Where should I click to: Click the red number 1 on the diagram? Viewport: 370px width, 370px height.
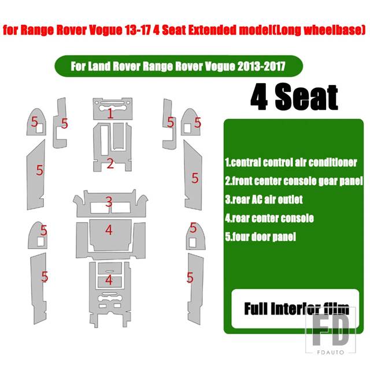click(110, 113)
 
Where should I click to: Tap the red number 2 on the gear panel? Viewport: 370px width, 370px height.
click(110, 163)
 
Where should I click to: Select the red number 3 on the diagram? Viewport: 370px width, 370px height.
click(109, 202)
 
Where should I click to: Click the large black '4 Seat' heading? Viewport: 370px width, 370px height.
click(294, 97)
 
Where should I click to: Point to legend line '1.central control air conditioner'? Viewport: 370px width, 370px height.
click(291, 162)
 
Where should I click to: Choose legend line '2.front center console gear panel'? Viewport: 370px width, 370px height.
click(294, 181)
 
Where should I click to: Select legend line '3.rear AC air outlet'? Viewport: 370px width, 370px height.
click(264, 199)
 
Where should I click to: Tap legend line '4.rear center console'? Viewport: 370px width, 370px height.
click(269, 219)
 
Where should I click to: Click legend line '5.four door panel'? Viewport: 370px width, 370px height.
click(260, 236)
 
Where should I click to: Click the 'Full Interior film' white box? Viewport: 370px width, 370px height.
click(295, 309)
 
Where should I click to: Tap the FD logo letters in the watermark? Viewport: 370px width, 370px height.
click(331, 330)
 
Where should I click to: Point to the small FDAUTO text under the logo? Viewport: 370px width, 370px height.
click(331, 352)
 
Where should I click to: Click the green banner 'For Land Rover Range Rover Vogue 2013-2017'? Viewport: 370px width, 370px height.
click(179, 66)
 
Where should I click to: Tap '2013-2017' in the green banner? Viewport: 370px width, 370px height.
click(261, 66)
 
